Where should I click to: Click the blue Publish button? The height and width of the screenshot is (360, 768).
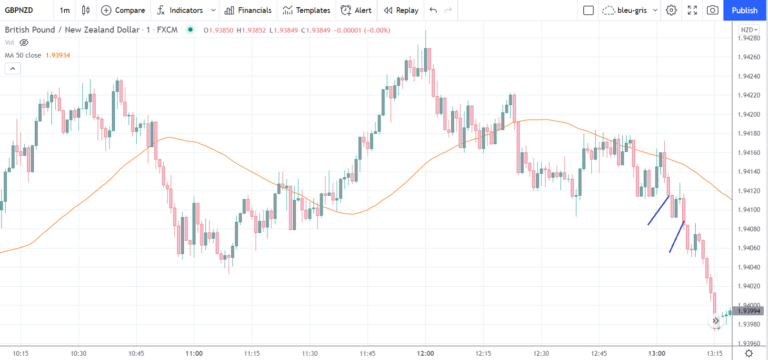(744, 10)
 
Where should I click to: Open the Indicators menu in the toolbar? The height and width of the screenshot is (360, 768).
(180, 10)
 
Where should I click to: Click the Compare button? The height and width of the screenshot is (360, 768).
(123, 10)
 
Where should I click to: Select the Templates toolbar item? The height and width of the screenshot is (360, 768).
(306, 10)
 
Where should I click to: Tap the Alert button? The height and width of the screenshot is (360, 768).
(356, 10)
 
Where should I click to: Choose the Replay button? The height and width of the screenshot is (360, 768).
(401, 10)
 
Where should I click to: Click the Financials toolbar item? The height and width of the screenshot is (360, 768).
(248, 10)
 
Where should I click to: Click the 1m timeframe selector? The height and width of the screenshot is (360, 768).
(65, 10)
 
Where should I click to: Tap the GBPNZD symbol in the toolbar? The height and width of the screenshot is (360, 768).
(19, 10)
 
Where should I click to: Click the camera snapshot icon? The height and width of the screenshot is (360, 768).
(712, 10)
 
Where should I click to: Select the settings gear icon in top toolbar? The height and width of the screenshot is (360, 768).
(671, 10)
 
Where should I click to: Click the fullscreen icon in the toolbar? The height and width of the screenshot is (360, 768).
(692, 10)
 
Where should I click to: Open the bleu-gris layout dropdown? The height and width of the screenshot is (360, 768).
(629, 10)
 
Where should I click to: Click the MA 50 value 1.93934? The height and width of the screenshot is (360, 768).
(58, 55)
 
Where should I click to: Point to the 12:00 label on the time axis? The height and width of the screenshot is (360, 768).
(425, 353)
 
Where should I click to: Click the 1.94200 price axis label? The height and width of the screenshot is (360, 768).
(749, 114)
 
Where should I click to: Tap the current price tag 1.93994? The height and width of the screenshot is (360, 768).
(748, 311)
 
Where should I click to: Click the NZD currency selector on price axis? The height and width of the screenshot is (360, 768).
(748, 30)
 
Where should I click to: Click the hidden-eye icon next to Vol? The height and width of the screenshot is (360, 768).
(24, 42)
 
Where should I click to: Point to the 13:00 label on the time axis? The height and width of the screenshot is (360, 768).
(657, 353)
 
